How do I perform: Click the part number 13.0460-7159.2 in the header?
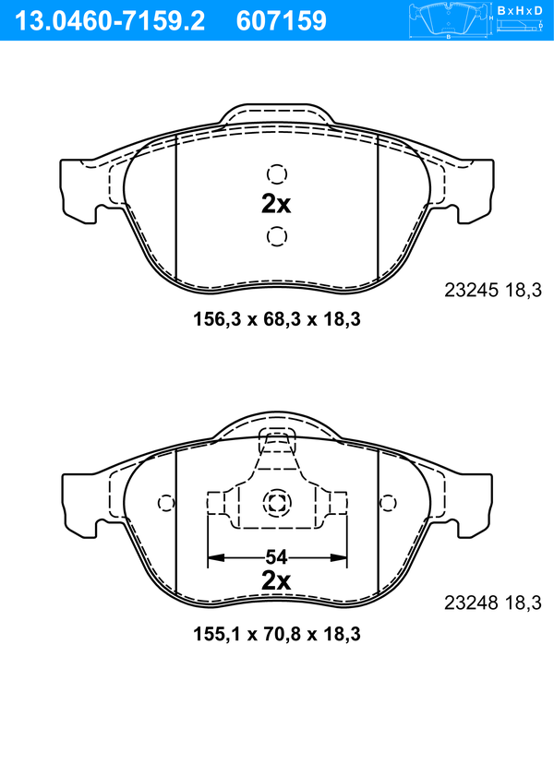coord(110,21)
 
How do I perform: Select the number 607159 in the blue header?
coord(282,21)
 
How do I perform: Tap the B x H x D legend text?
coord(519,10)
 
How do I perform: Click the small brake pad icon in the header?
coord(449,20)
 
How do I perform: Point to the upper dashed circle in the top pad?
coord(277,174)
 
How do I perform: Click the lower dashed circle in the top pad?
coord(277,236)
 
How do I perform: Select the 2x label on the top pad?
coord(276,204)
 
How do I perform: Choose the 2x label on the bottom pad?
coord(276,581)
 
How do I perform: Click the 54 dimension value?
coord(276,557)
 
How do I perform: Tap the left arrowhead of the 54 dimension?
coord(216,557)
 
